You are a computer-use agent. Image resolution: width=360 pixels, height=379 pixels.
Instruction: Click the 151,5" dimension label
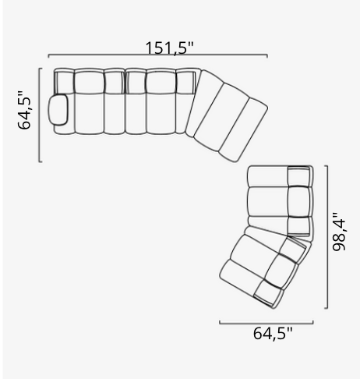168,47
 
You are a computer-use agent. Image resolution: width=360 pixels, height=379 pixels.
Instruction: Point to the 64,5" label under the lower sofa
273,334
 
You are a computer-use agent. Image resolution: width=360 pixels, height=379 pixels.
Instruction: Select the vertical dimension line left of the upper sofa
40,115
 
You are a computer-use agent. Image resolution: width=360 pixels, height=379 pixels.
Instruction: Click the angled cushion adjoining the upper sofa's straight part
200,107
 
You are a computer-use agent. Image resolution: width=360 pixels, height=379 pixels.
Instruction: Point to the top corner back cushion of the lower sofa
299,176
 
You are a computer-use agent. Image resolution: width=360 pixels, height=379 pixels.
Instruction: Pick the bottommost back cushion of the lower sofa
266,295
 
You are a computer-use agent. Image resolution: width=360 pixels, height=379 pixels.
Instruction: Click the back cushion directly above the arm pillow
64,81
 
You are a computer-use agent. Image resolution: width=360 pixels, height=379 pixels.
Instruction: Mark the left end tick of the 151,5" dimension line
48,57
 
